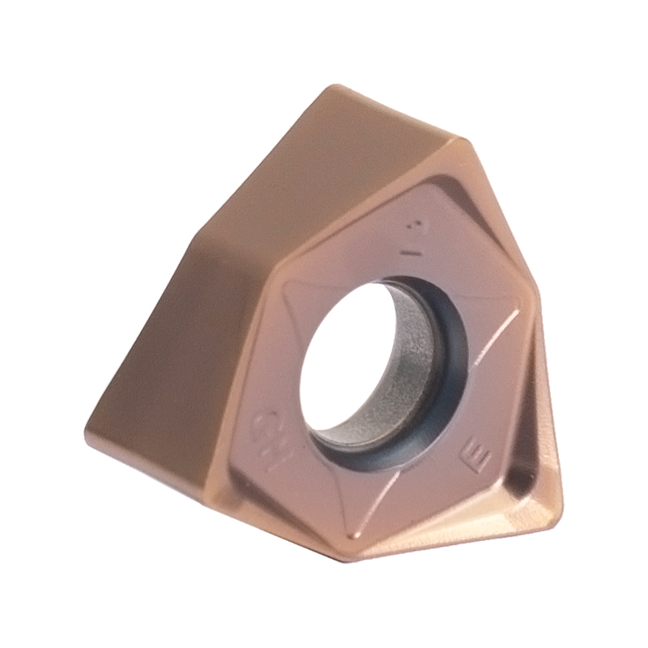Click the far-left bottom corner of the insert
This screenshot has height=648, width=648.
(x=89, y=425)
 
